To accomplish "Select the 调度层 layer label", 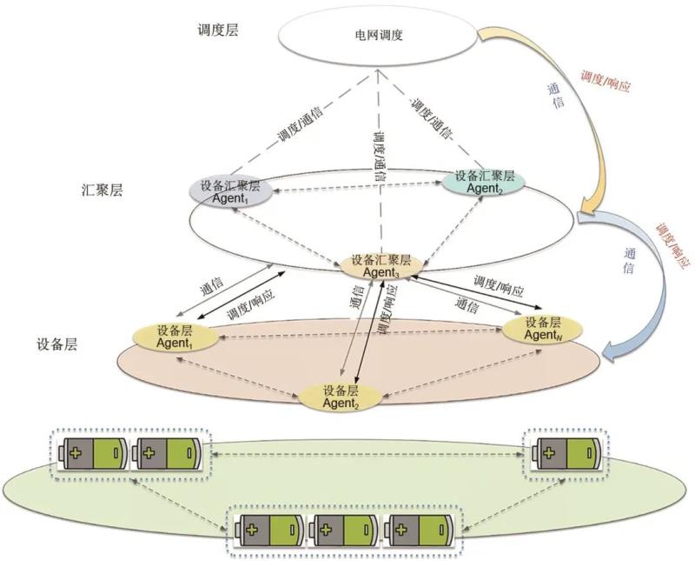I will [218, 30].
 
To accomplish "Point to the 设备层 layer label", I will [57, 344].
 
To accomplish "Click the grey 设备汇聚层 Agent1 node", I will [230, 190].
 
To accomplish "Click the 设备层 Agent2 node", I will [340, 396].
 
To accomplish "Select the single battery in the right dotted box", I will [566, 454].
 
